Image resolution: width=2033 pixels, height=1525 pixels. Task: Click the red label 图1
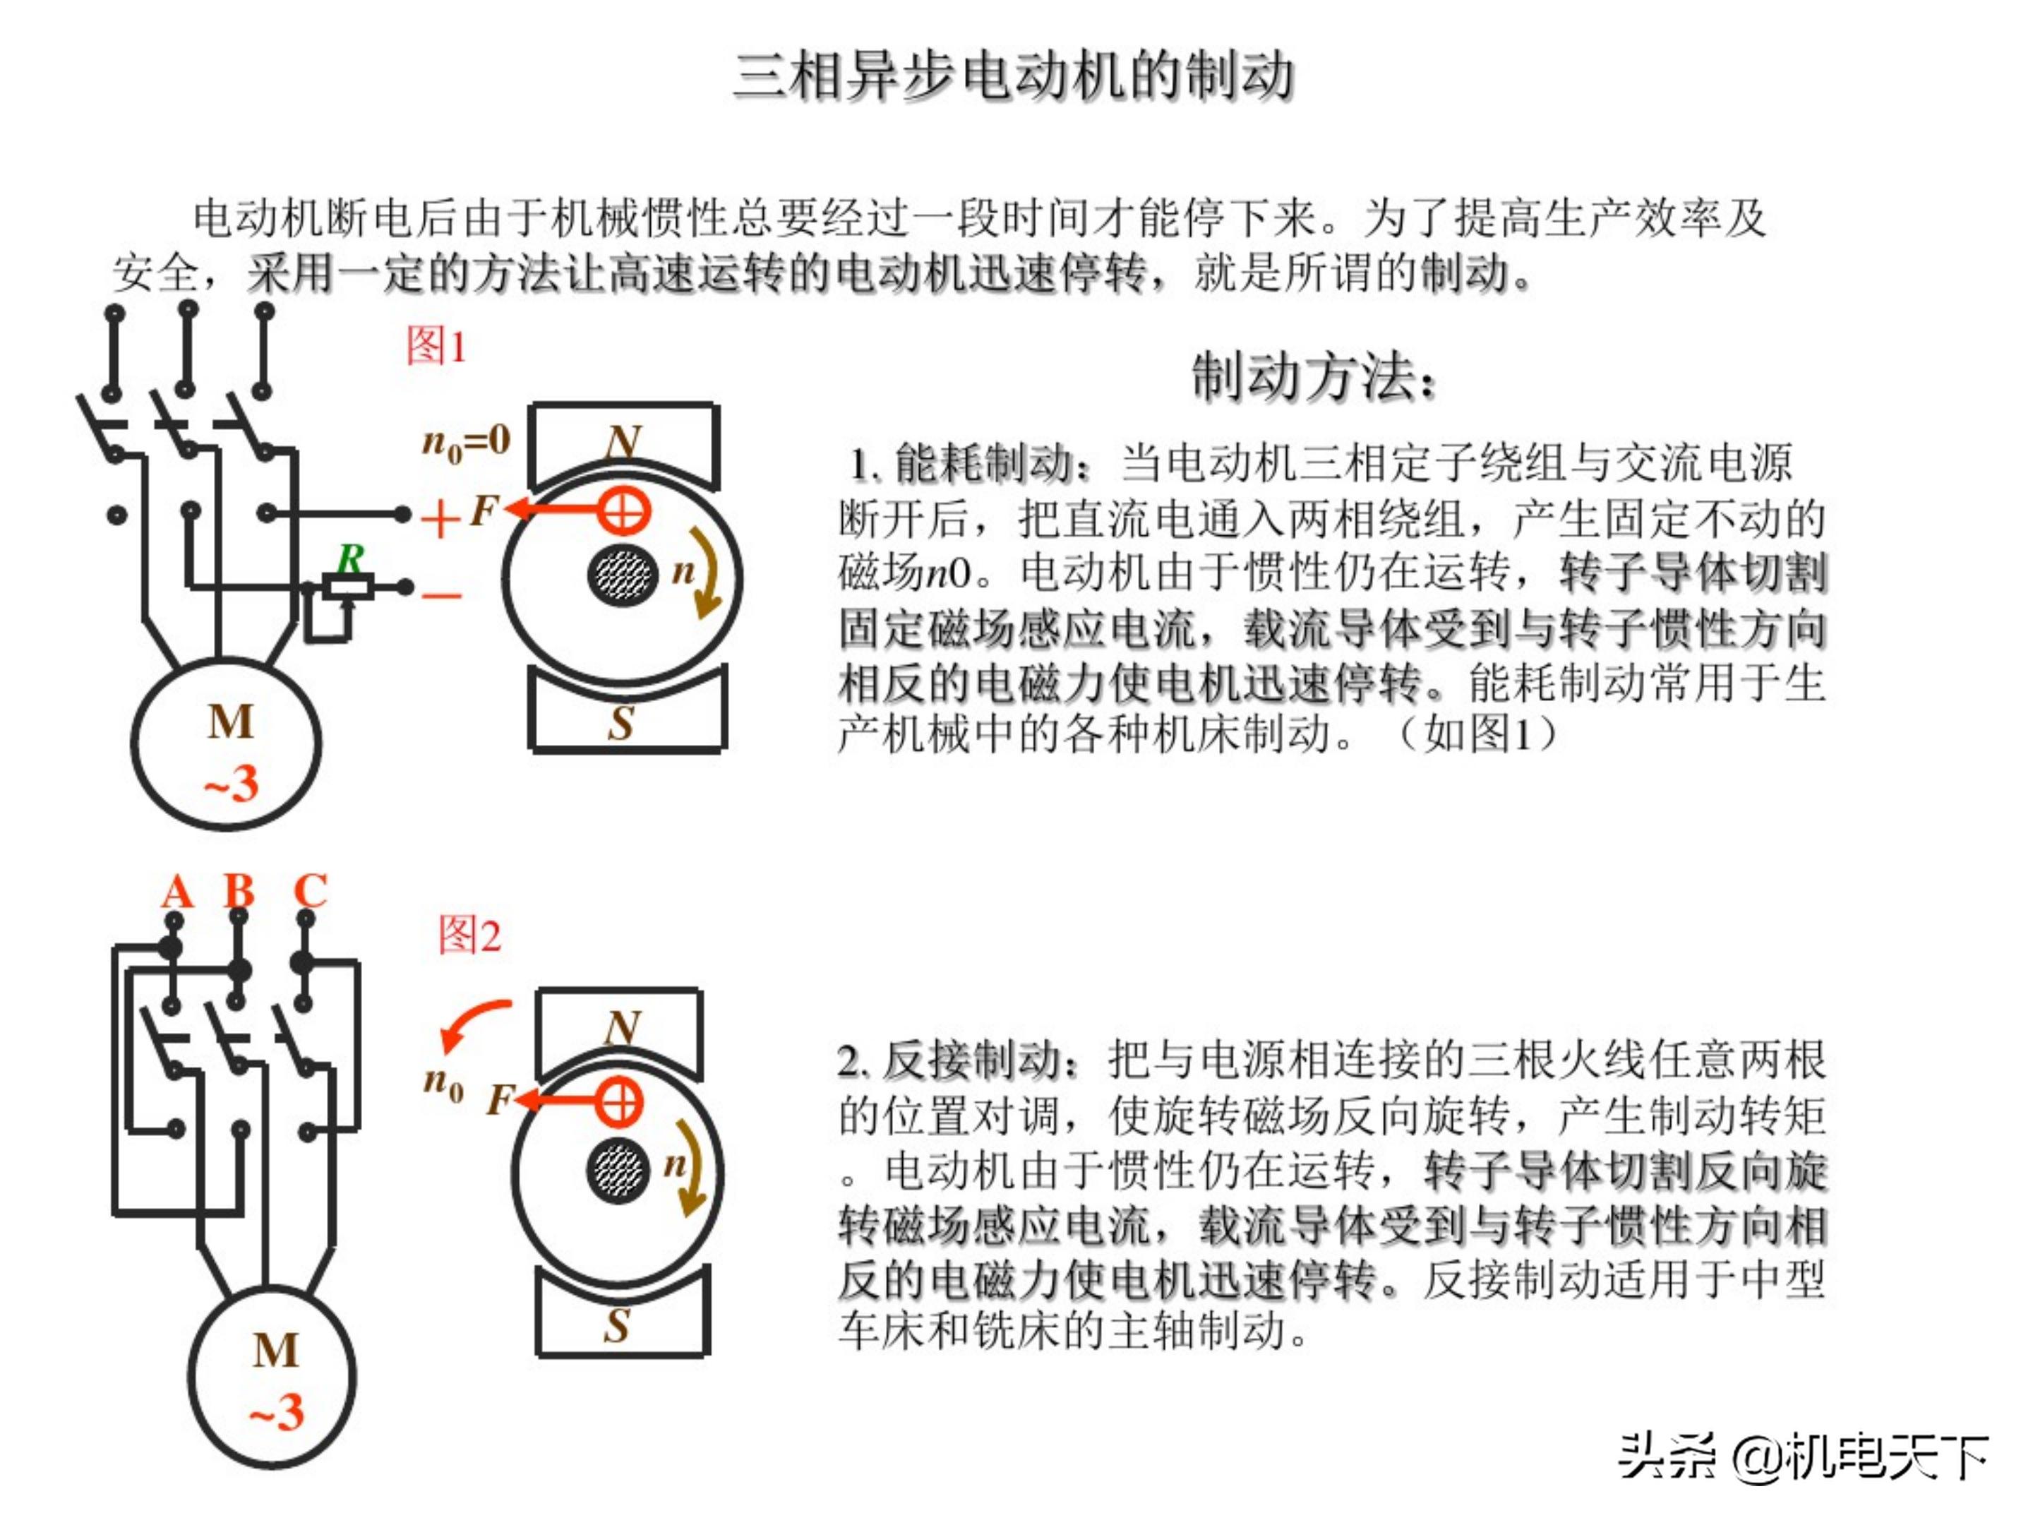coord(436,347)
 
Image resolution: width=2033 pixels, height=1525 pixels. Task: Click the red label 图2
coord(469,935)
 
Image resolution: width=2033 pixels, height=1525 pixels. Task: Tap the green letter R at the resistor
coord(350,557)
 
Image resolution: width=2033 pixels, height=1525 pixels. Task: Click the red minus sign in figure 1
coord(441,596)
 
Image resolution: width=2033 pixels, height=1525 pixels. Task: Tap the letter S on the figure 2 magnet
coord(618,1325)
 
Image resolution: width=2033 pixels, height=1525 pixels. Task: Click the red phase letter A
coord(177,892)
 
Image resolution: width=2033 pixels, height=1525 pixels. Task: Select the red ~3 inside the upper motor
coord(231,783)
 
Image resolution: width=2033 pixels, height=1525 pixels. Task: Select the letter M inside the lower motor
coord(276,1351)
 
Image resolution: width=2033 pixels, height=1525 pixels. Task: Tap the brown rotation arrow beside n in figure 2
coord(691,1168)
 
